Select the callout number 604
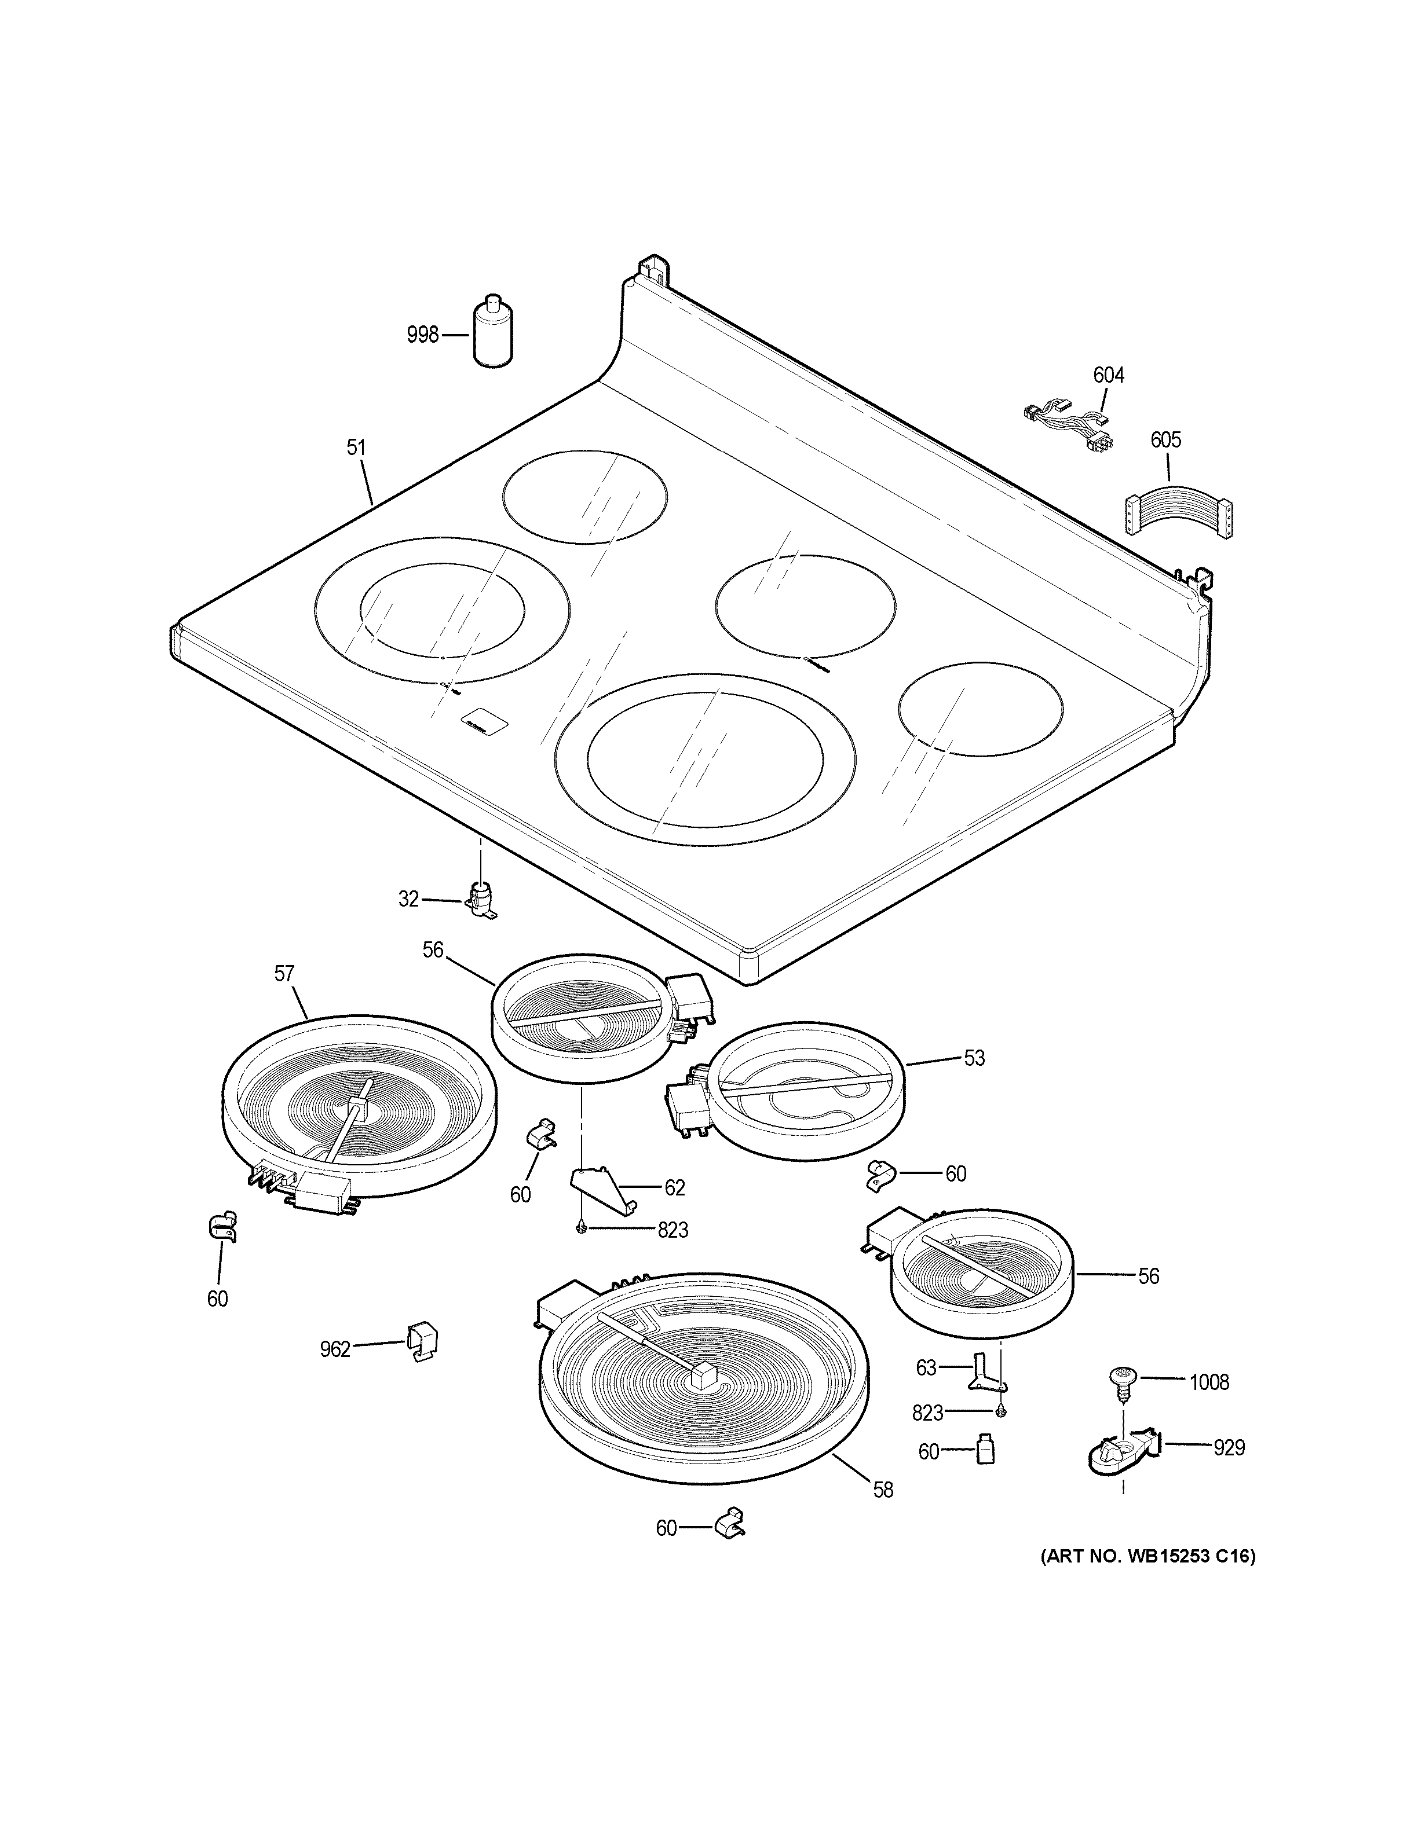tap(1108, 375)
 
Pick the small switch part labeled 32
tap(481, 900)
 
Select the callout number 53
tap(974, 1058)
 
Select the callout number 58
tap(883, 1490)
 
